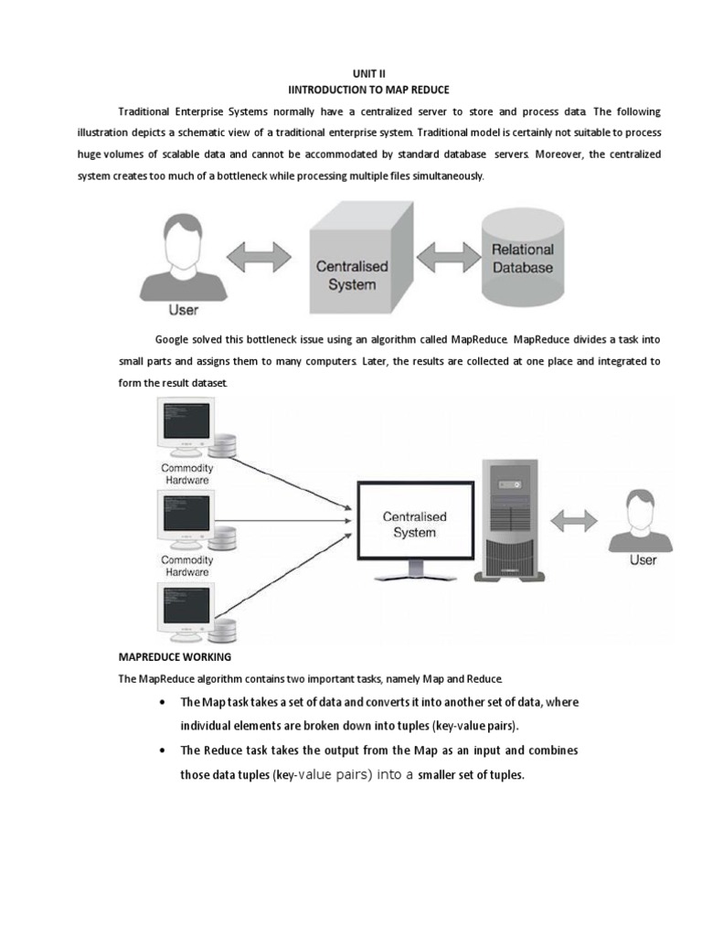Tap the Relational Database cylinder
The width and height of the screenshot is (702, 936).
[523, 259]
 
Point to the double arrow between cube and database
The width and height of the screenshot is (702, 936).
[445, 255]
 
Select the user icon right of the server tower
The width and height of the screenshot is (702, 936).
[643, 521]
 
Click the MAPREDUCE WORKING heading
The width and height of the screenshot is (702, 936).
[175, 656]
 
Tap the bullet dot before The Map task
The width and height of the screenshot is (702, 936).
[162, 703]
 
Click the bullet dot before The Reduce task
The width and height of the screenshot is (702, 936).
[162, 751]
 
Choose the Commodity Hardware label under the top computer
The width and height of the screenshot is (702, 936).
[186, 473]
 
